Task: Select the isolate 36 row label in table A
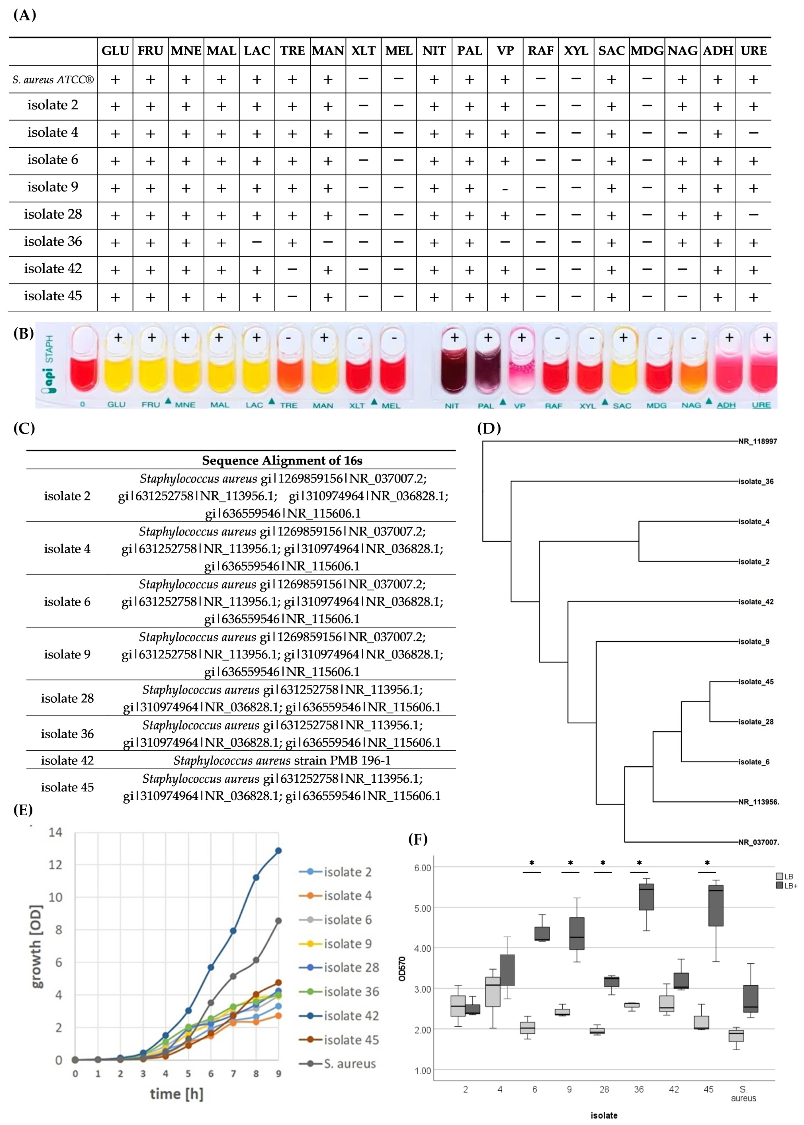tap(53, 242)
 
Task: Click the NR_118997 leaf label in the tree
tap(757, 441)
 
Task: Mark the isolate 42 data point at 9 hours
tap(278, 851)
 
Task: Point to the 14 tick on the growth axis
tap(56, 832)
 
